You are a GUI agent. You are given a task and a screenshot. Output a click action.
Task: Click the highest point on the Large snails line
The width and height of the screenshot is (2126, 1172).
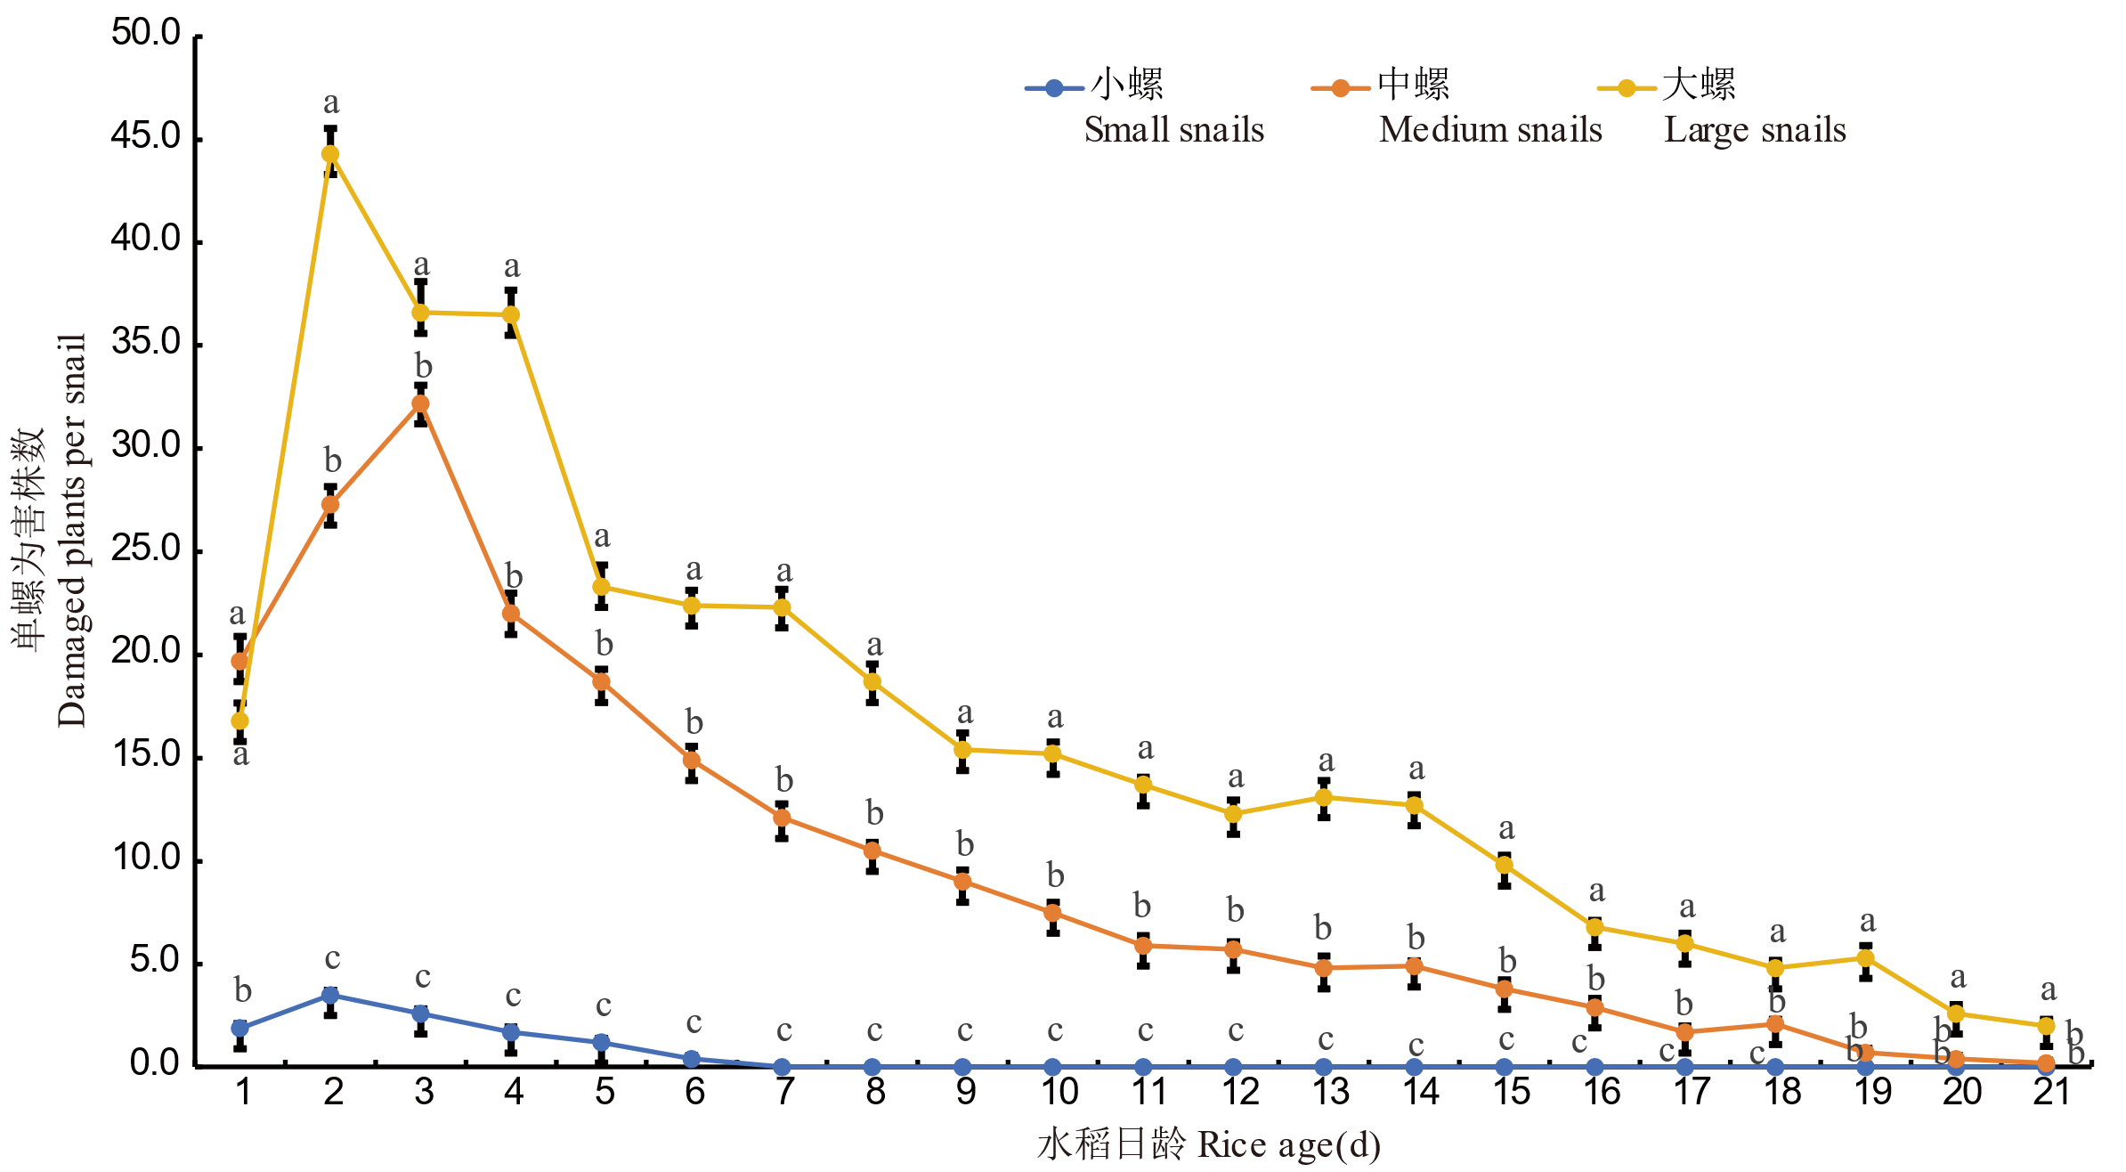tap(329, 154)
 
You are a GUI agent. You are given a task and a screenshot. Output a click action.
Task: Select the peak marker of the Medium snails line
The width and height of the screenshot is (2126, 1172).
tap(421, 404)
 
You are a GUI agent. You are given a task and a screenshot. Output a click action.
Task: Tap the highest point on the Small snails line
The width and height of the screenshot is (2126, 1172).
tap(329, 995)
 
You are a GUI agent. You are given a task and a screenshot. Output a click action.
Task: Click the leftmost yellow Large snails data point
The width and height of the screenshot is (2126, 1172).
tap(239, 720)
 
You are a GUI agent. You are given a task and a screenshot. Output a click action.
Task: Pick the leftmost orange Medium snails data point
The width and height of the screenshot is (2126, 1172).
tap(239, 661)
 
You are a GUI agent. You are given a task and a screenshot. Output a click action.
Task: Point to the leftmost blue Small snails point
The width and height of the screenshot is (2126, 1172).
tap(239, 1028)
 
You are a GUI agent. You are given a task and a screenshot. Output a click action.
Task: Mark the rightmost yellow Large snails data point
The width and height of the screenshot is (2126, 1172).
tap(2046, 1026)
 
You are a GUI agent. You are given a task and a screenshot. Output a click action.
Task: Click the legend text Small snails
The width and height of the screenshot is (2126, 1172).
tap(1173, 130)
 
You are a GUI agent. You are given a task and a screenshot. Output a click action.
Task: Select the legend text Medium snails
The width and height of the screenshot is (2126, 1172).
tap(1489, 130)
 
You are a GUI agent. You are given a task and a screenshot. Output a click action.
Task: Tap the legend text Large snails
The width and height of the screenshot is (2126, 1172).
tap(1755, 130)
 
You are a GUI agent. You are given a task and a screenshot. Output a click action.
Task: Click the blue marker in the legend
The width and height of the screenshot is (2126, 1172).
tap(1054, 88)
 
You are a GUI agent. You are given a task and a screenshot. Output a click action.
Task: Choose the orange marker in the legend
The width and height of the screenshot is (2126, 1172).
tap(1340, 88)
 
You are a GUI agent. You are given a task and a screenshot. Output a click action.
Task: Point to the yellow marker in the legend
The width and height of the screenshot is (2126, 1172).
tap(1626, 88)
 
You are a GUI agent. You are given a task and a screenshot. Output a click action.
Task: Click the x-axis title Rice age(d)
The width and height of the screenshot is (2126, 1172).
tap(1288, 1144)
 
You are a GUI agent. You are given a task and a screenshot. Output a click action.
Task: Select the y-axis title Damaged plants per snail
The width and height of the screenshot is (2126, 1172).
tap(72, 531)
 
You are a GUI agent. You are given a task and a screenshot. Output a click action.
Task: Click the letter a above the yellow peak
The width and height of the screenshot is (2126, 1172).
tap(331, 103)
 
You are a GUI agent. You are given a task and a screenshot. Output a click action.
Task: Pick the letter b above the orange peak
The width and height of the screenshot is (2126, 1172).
tap(423, 366)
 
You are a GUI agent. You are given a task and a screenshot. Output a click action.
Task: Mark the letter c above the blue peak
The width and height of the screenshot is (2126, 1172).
tap(332, 958)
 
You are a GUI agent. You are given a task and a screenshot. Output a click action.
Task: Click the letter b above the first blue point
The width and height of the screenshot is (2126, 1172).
tap(242, 989)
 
